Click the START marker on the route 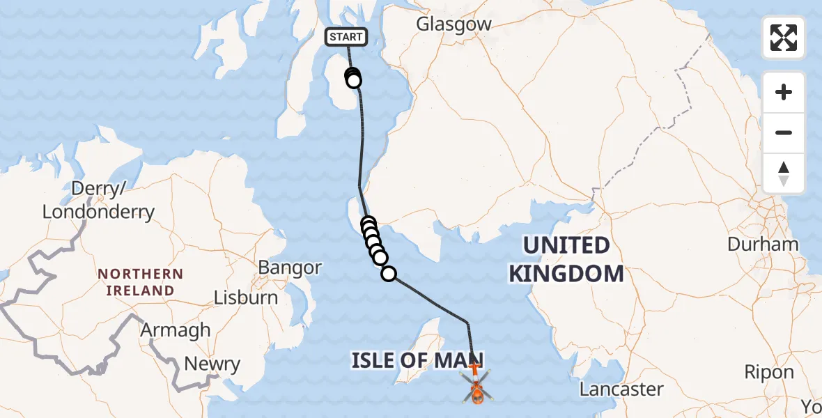346,37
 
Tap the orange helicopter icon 477,387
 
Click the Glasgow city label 453,24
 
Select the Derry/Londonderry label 98,200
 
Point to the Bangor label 290,268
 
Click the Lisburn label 245,297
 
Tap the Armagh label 176,330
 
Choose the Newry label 212,364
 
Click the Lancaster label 621,389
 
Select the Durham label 763,244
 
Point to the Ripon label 769,372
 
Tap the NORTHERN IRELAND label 140,282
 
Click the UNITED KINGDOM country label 566,259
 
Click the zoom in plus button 784,92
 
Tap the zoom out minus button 784,132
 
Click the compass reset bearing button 784,173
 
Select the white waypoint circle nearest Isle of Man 389,274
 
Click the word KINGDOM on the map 566,273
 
